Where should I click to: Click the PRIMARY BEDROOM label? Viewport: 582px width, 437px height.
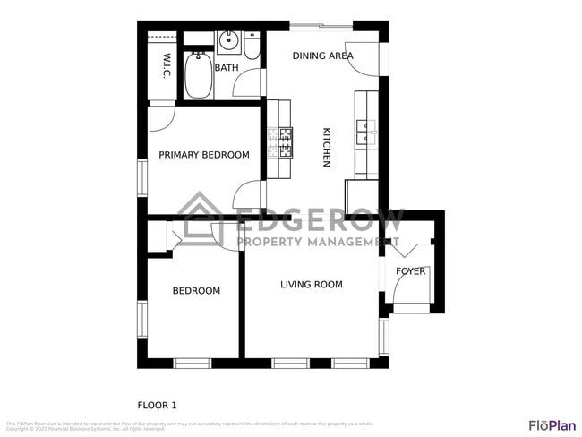tap(203, 155)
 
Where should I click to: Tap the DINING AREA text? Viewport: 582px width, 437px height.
tap(322, 56)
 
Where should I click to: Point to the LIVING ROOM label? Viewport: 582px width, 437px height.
tap(311, 285)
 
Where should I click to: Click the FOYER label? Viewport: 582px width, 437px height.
tap(411, 271)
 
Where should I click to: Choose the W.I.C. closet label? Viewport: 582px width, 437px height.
tap(167, 65)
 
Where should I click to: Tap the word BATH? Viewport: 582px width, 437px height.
tap(227, 67)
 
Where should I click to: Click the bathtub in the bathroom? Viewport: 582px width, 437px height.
tap(198, 77)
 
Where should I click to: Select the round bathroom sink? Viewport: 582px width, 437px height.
tap(227, 39)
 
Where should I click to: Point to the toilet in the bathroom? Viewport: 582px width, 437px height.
tap(252, 47)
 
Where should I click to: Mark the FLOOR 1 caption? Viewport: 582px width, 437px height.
tap(157, 404)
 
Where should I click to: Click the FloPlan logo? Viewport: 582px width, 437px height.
tap(552, 424)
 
